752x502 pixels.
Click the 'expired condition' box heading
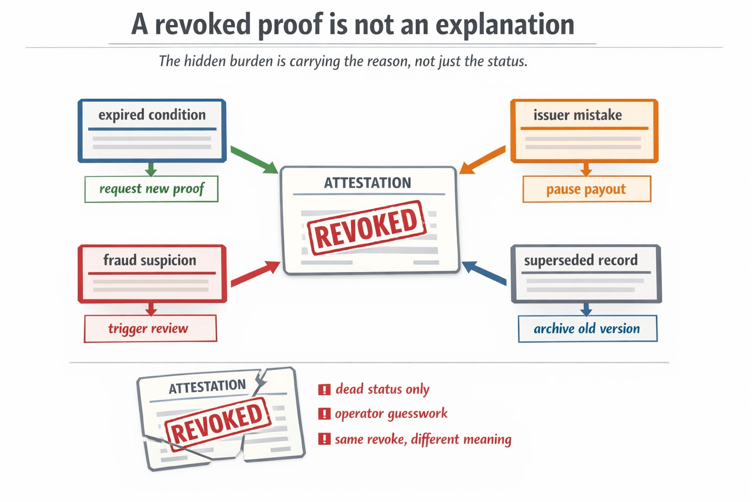(152, 115)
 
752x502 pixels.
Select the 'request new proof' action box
(151, 189)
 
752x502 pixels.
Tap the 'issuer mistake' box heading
(578, 115)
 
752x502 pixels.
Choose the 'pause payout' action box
(586, 189)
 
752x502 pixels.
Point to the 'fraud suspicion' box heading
(150, 260)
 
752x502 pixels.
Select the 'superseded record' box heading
(581, 260)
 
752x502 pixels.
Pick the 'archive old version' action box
(587, 328)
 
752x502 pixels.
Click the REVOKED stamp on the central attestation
(366, 227)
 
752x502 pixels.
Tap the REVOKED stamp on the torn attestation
(217, 422)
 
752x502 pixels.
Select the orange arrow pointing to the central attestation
(482, 159)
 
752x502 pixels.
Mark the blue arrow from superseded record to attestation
(484, 273)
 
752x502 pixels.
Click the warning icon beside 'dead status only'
(324, 390)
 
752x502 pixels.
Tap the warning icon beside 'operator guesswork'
(324, 414)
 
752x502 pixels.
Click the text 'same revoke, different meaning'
(423, 439)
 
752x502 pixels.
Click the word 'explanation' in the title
(505, 25)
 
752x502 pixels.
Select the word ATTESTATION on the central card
(367, 183)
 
